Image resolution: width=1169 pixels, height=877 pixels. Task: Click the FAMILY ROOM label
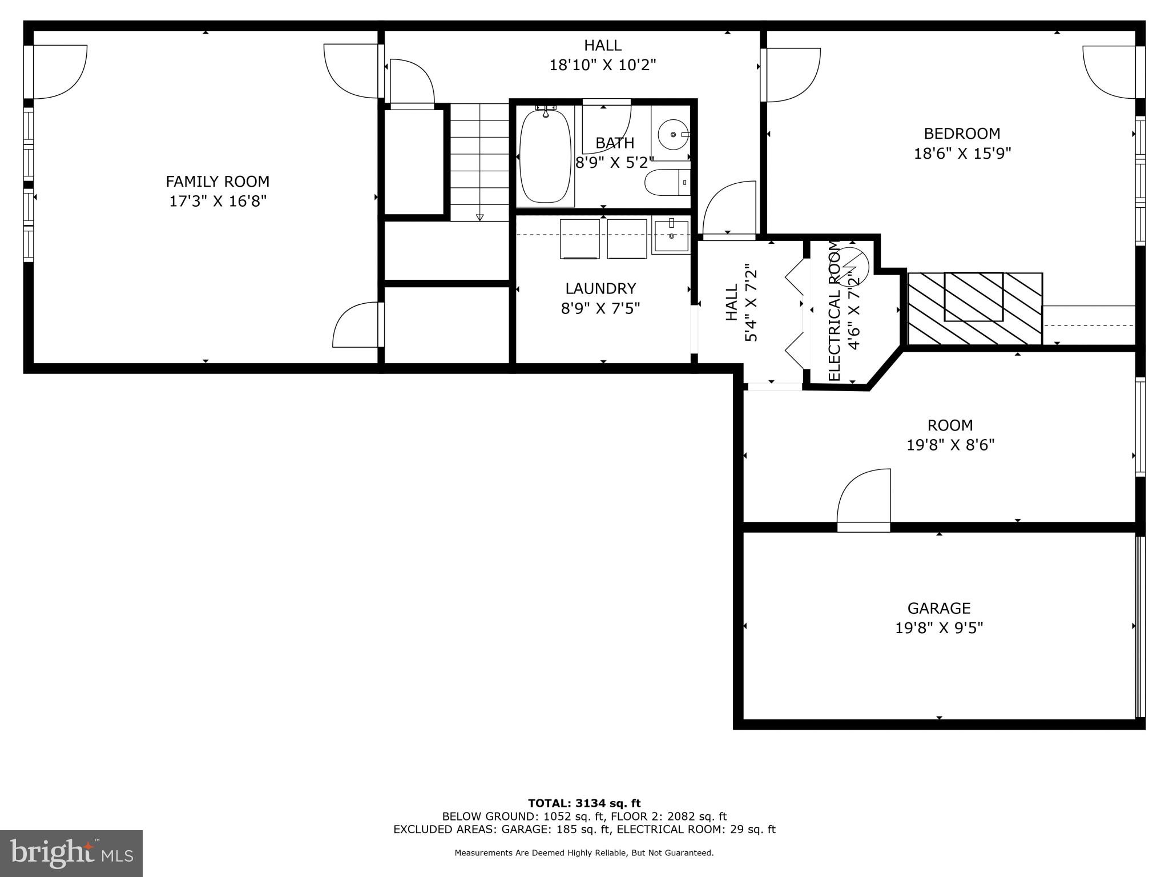pos(217,182)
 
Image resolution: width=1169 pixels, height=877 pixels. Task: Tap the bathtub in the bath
pos(545,155)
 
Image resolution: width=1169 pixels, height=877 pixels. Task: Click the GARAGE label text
pos(939,608)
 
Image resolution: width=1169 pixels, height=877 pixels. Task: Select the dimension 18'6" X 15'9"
pos(962,154)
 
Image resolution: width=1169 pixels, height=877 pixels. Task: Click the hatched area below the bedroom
pos(975,308)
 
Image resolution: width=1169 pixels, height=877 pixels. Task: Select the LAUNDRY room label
pos(600,288)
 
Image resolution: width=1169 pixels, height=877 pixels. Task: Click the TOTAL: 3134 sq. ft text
pos(584,803)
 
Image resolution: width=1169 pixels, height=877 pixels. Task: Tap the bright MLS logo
pos(71,853)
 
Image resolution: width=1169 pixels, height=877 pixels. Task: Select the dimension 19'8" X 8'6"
pos(950,445)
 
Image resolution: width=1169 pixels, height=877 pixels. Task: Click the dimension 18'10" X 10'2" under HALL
pos(602,65)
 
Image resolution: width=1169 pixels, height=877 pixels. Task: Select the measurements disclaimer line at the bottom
pos(584,853)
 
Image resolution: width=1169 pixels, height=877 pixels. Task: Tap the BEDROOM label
pos(962,134)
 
